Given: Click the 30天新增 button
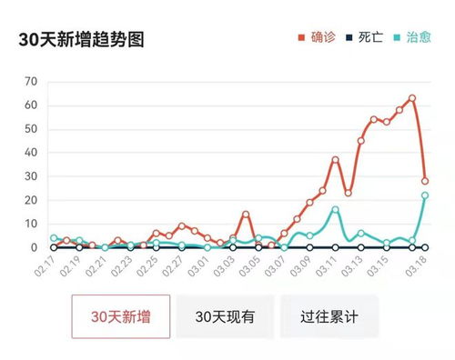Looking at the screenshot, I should (x=120, y=317).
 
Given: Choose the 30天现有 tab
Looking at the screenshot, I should (x=225, y=317).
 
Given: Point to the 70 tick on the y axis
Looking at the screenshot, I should (x=31, y=82).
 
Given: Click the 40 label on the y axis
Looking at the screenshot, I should (x=31, y=153).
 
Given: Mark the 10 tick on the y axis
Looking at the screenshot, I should (x=31, y=224).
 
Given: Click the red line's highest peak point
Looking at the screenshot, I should (x=412, y=98).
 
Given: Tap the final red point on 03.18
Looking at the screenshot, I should (x=425, y=181).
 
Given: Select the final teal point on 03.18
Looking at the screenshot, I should (x=425, y=195).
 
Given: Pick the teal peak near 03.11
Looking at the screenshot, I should (x=335, y=209).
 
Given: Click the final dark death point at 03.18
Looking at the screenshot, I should (x=425, y=247).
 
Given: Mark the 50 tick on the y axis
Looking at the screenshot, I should (x=31, y=129).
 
